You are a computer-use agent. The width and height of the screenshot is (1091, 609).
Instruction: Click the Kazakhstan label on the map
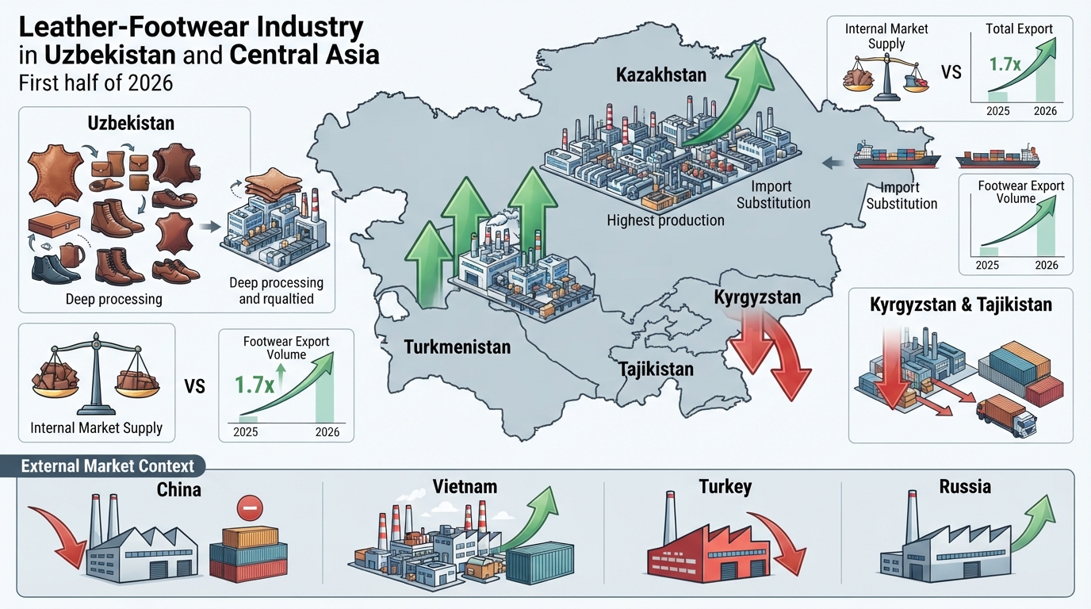[661, 75]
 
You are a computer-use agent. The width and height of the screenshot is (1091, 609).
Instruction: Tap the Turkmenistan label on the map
[457, 347]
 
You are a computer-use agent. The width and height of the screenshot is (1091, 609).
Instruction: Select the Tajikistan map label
[656, 370]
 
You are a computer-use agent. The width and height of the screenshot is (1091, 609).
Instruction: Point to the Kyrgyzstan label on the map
[757, 297]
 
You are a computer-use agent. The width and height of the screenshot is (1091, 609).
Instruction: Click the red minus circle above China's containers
[250, 508]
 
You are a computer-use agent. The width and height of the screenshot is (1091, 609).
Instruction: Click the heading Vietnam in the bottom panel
[465, 486]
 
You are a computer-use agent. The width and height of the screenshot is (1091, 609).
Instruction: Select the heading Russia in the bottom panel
[965, 486]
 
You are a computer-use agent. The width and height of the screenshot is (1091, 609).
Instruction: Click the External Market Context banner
[107, 465]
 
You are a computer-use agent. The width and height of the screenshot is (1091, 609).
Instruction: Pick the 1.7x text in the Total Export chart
[1005, 64]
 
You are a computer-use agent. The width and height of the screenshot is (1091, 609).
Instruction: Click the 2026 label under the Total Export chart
[1045, 111]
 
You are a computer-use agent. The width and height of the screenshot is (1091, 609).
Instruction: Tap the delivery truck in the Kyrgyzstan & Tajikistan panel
[1007, 416]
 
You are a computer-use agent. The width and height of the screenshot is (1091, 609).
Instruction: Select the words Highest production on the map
[665, 220]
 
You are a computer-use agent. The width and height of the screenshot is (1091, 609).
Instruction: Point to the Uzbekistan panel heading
[131, 123]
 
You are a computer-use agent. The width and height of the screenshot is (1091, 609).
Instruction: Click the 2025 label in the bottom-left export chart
[246, 432]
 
